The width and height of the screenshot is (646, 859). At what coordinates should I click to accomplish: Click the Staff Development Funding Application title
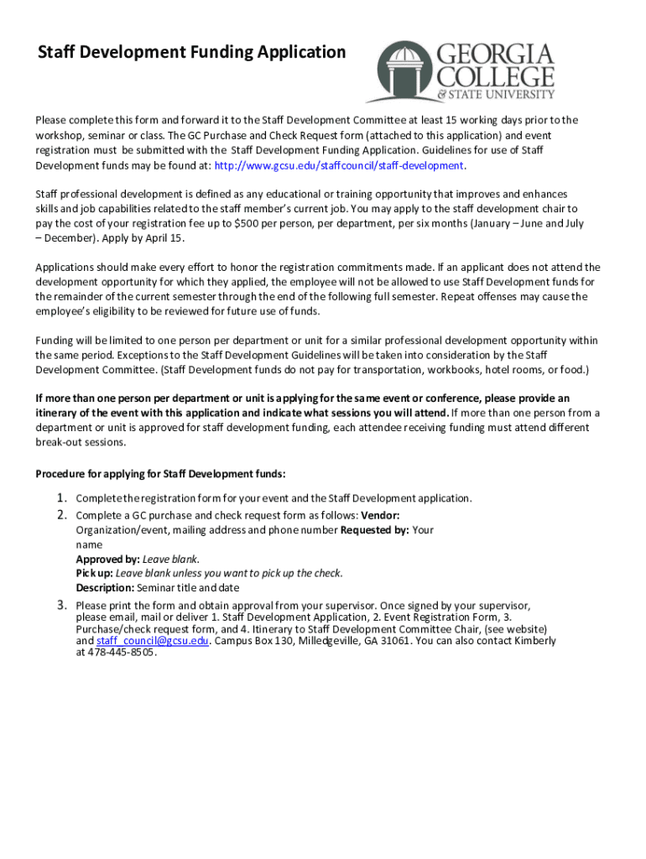[191, 53]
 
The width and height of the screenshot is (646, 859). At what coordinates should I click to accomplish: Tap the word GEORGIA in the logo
[494, 55]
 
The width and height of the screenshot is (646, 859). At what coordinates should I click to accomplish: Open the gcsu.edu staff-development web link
[340, 165]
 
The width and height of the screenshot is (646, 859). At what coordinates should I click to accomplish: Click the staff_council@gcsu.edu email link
[152, 641]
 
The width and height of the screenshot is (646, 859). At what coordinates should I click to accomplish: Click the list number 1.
[62, 498]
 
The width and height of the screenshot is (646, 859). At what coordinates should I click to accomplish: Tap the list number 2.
[62, 514]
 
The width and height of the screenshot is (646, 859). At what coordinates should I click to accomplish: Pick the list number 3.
[62, 605]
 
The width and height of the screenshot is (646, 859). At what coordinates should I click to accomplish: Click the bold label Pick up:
[94, 573]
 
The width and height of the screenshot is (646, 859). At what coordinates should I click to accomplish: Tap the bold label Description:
[105, 587]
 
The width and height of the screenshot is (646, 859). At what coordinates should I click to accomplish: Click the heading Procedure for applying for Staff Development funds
[160, 474]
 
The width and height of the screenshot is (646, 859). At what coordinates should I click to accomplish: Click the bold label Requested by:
[375, 530]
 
